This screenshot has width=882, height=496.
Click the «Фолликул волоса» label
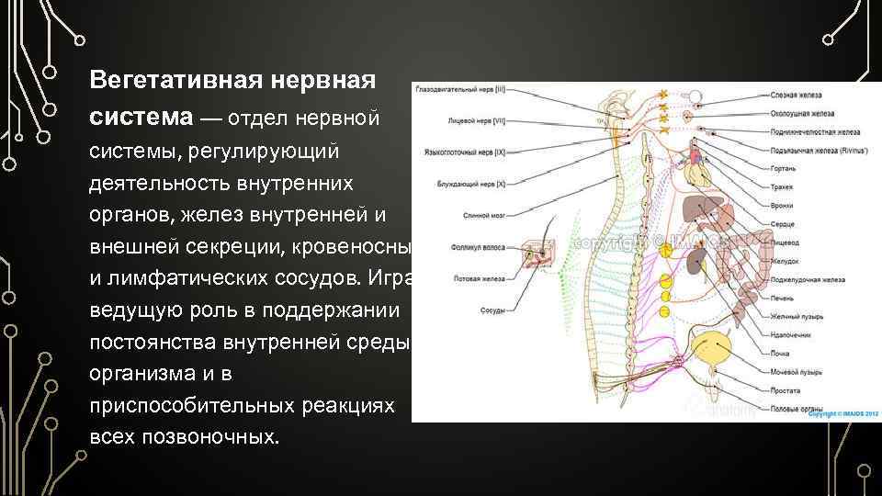tap(474, 246)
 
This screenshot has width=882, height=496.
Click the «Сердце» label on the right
tap(783, 223)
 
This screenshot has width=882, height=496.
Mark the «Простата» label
tap(786, 389)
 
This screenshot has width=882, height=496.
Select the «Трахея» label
tap(783, 186)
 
